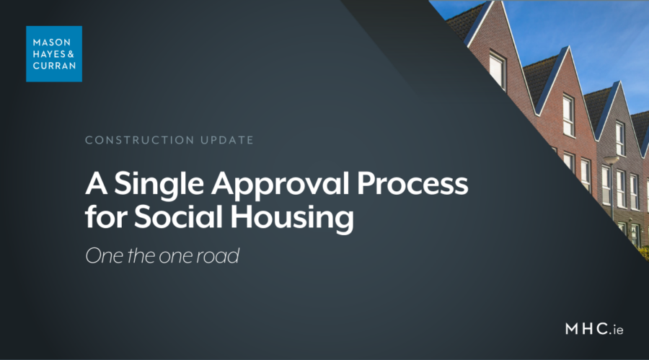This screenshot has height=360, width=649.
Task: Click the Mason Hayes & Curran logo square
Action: point(53,53)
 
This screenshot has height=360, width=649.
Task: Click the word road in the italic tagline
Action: point(217,256)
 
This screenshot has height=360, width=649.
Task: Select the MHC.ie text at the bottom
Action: point(593,329)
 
